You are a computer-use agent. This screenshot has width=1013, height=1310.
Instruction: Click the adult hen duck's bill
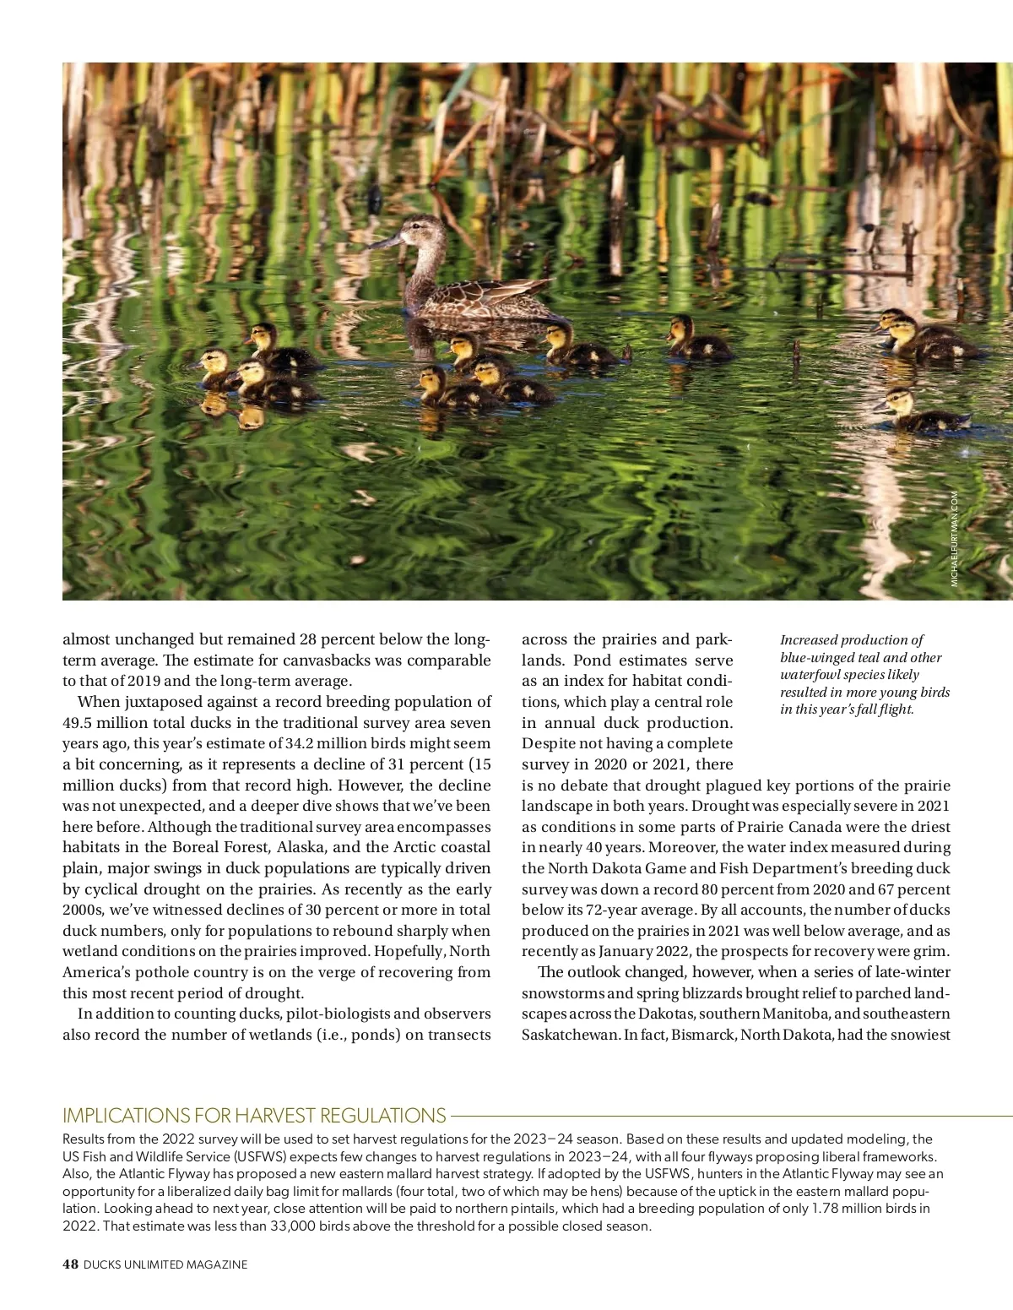(383, 242)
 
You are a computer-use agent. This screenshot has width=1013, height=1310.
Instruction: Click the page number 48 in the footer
(70, 1264)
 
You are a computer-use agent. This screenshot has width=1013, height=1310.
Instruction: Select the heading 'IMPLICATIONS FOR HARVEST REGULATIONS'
(254, 1115)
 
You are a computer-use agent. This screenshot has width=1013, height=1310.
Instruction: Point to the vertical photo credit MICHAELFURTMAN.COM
(956, 538)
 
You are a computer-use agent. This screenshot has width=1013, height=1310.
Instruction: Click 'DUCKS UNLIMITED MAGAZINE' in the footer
(165, 1264)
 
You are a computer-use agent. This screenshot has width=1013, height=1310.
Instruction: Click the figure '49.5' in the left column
(82, 723)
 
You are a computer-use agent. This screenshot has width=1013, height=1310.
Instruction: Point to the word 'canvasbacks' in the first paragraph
(257, 660)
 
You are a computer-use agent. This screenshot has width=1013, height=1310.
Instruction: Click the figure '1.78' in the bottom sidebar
(826, 1209)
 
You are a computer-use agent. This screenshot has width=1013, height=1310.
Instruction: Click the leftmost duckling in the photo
(214, 370)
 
